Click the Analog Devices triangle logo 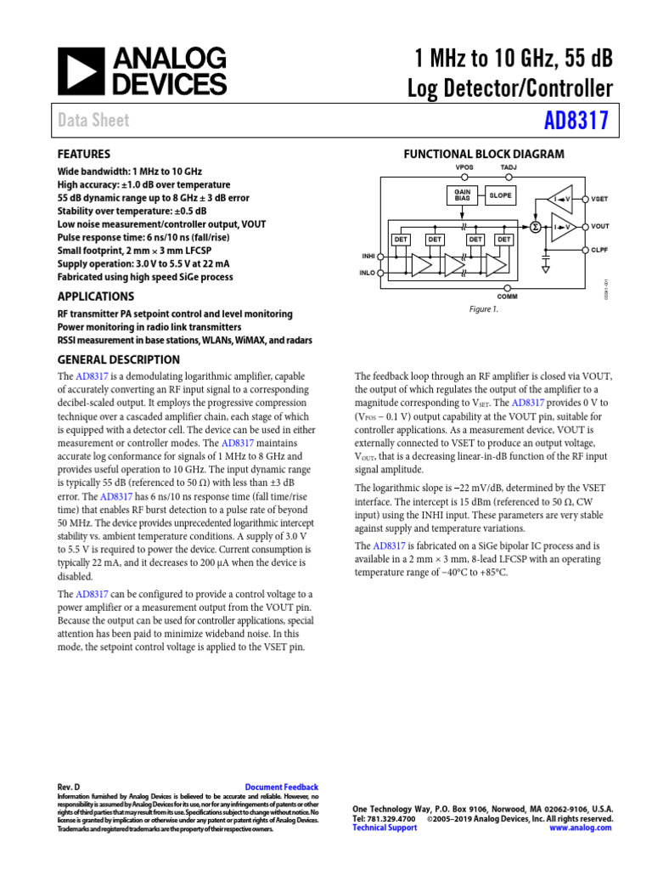click(x=80, y=71)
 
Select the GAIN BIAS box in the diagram click(x=463, y=195)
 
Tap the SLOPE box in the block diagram click(x=500, y=195)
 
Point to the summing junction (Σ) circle click(x=535, y=226)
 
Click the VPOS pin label click(x=464, y=167)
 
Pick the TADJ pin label click(x=508, y=167)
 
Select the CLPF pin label click(x=601, y=250)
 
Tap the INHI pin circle click(x=379, y=256)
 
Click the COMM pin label click(x=507, y=296)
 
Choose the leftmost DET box click(x=401, y=240)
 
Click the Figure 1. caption click(x=484, y=309)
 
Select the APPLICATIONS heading click(x=95, y=297)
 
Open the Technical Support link click(x=385, y=828)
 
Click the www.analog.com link click(x=581, y=828)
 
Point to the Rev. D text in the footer click(x=68, y=788)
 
